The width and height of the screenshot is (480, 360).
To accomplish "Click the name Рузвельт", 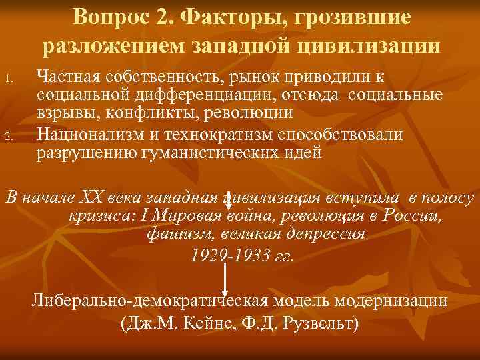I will click(x=323, y=325).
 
